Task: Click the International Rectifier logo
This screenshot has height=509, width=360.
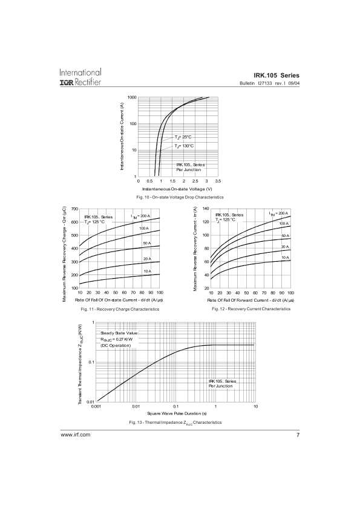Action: (80, 77)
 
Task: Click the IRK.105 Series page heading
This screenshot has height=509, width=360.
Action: (277, 76)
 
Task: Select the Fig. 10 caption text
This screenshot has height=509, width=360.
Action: (180, 197)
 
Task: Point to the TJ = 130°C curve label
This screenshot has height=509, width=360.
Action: (184, 146)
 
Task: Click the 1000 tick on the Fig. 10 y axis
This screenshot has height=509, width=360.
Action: (132, 97)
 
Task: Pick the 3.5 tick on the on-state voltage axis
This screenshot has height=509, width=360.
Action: (218, 181)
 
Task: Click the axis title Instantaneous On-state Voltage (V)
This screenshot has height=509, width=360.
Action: (177, 189)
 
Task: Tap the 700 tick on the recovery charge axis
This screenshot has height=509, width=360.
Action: (75, 209)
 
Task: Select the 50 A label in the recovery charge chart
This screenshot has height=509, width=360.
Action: (147, 243)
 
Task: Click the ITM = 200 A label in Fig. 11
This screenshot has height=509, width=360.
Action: (140, 216)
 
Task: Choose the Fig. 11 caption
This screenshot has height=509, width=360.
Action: (120, 309)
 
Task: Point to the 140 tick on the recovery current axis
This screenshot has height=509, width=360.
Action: (206, 209)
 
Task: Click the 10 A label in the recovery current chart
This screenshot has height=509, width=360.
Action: (285, 258)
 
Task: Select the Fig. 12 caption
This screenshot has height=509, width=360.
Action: (251, 309)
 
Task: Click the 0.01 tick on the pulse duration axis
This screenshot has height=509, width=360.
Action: (136, 406)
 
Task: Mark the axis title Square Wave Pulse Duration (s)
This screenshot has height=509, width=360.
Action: (177, 413)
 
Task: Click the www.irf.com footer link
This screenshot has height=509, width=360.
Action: (75, 435)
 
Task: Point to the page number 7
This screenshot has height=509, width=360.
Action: (298, 435)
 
